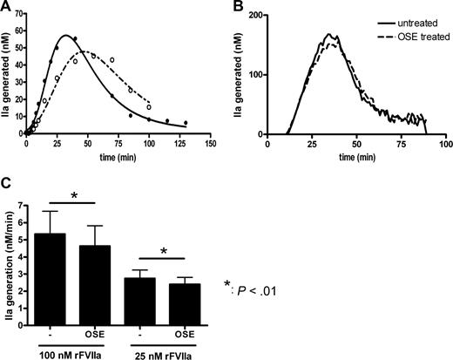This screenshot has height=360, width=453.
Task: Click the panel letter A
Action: (6, 7)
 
